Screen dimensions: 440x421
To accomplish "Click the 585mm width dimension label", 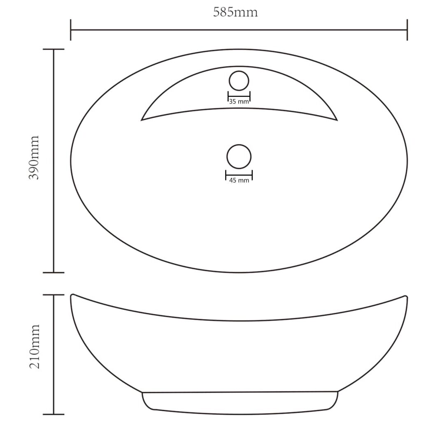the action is point(235,12).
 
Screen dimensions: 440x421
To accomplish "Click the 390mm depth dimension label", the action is point(34,157).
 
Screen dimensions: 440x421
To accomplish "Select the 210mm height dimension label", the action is point(35,347).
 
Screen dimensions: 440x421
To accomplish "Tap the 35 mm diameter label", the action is point(239,102).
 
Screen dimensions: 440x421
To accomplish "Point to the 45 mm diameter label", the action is point(239,180).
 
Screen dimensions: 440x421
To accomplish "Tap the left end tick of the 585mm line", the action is point(71,30).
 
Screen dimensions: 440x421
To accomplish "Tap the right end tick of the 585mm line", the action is point(407,30).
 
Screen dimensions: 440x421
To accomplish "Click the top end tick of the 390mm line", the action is point(54,49).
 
